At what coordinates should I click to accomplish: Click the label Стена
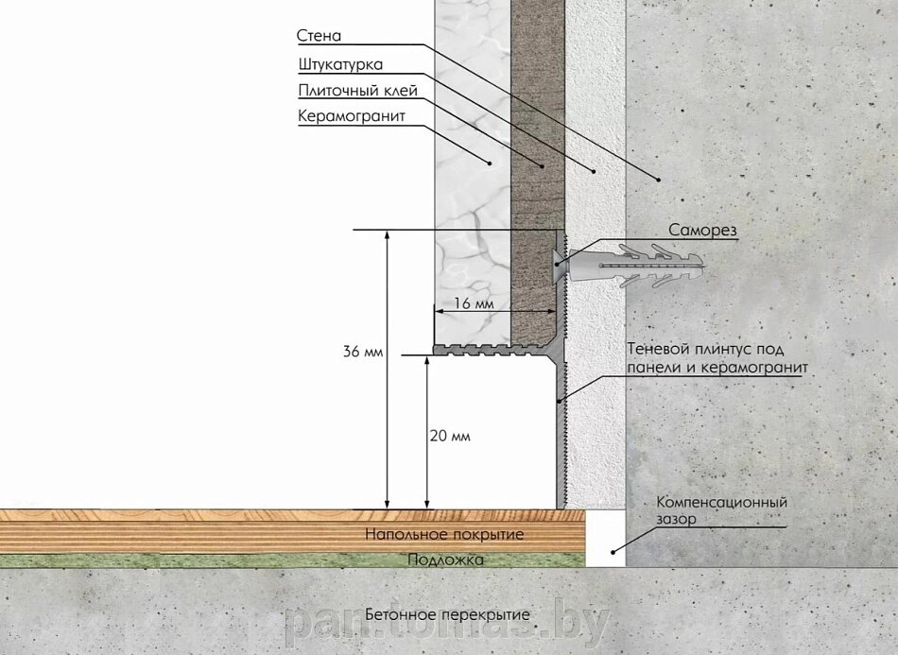click(x=319, y=36)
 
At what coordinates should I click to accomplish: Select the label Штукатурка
click(x=340, y=64)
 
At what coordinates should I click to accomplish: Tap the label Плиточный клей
click(x=358, y=91)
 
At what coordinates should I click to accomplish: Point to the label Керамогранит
click(x=352, y=116)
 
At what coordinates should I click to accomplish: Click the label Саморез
click(x=702, y=231)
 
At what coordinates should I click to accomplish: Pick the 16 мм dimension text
click(x=474, y=302)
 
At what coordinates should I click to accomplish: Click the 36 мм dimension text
click(x=363, y=351)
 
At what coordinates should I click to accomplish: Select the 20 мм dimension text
click(x=450, y=436)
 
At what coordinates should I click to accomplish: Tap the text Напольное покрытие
click(x=444, y=535)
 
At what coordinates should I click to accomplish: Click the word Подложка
click(x=445, y=560)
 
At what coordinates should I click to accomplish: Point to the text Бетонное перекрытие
click(x=447, y=615)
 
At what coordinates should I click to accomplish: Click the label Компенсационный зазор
click(x=721, y=510)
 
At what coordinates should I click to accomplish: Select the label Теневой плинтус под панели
click(x=717, y=358)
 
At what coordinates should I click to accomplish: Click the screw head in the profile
click(x=559, y=264)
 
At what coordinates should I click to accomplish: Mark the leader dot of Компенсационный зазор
click(x=613, y=553)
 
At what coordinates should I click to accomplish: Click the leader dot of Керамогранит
click(x=490, y=164)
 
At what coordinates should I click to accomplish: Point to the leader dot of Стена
click(x=659, y=180)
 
